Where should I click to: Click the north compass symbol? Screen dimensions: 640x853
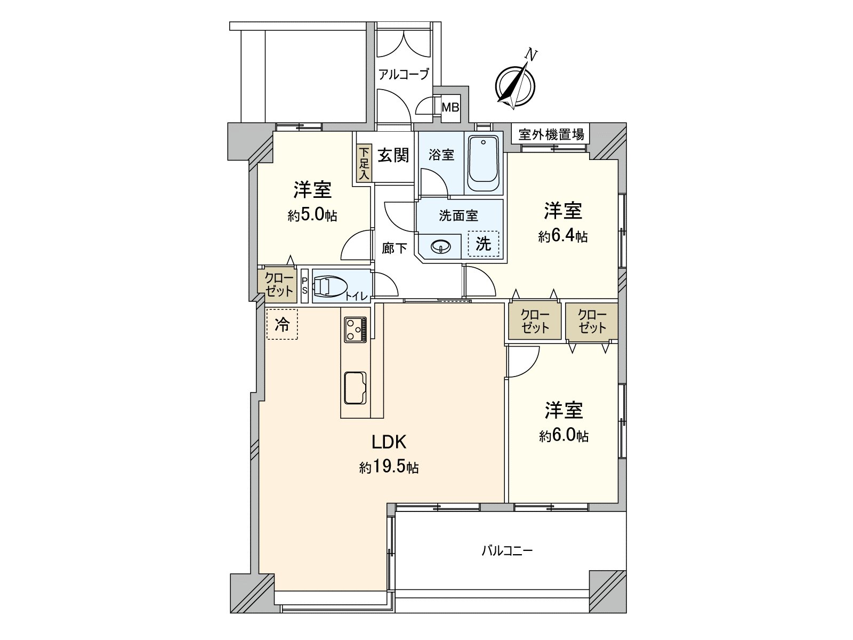click(x=515, y=84)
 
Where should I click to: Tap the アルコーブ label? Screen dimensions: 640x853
click(x=404, y=75)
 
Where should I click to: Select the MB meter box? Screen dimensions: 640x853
click(x=450, y=108)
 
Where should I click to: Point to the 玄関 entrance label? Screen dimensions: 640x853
click(x=394, y=156)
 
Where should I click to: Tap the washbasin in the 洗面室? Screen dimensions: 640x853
click(x=441, y=246)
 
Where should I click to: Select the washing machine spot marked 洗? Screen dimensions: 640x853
click(x=483, y=244)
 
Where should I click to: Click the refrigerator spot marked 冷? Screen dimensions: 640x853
click(x=281, y=324)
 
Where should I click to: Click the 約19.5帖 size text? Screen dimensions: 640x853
click(x=389, y=468)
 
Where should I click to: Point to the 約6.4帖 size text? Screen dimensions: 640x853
click(x=562, y=236)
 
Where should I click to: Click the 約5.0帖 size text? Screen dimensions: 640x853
click(x=312, y=215)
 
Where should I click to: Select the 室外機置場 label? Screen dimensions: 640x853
click(x=551, y=134)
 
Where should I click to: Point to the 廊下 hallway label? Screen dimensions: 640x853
click(x=395, y=249)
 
